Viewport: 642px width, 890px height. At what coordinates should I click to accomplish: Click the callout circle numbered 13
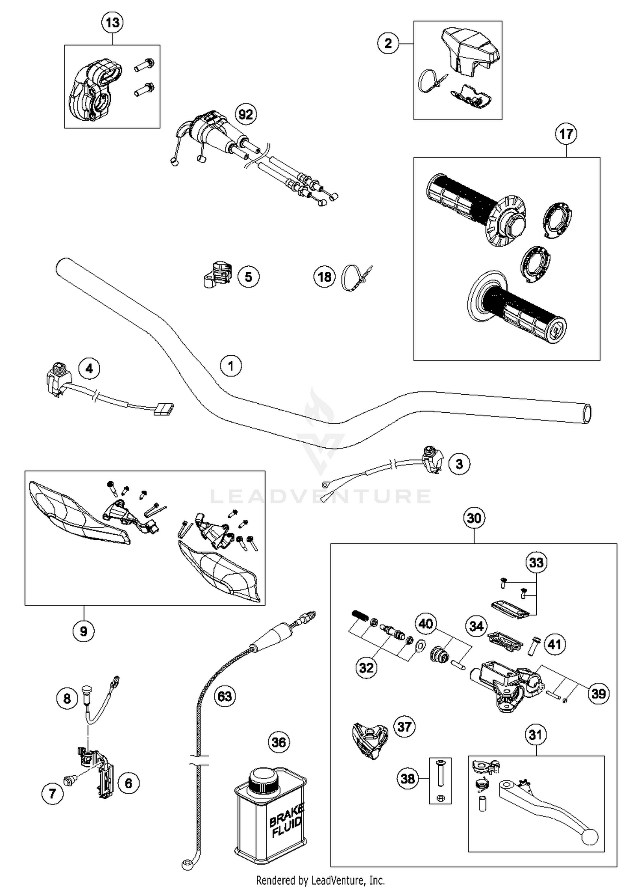[112, 22]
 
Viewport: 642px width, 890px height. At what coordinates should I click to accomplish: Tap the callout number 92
[246, 114]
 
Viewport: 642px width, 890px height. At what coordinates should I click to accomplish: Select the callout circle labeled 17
[566, 134]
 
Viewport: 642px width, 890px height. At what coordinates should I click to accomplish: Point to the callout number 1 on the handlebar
[231, 366]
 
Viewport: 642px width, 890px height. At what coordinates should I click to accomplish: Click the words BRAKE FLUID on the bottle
[286, 820]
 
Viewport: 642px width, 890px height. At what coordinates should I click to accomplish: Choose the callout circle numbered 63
[225, 697]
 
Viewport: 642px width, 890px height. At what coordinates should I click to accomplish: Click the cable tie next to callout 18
[355, 277]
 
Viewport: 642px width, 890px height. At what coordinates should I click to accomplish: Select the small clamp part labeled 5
[217, 274]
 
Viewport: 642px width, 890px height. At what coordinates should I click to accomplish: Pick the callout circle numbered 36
[279, 742]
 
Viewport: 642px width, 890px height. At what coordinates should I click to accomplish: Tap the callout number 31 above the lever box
[535, 735]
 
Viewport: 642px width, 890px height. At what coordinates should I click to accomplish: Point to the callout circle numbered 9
[83, 631]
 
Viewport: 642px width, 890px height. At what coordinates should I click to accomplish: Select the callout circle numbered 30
[474, 518]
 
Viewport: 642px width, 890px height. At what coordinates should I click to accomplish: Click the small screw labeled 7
[68, 781]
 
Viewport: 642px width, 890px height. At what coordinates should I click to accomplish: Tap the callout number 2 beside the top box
[388, 43]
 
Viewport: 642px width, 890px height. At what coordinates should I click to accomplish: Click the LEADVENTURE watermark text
[321, 496]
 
